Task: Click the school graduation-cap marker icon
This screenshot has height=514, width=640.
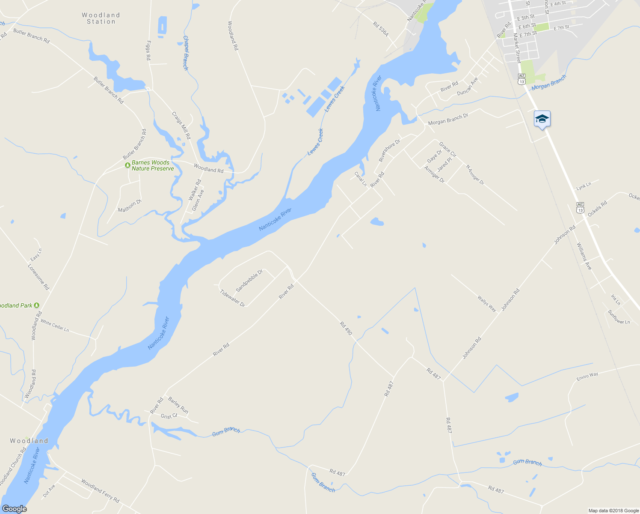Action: coord(542,119)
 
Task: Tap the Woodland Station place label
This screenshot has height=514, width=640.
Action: coord(101,18)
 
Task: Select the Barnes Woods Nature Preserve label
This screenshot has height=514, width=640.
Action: coord(153,166)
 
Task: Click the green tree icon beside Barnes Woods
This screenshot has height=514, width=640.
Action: coord(127,165)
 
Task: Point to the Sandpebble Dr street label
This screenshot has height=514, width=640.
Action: coord(249,281)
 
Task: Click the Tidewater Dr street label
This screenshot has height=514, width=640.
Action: coord(232,299)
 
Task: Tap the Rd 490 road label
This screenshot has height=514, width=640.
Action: coord(346,329)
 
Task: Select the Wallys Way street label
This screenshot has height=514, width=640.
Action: coord(487,303)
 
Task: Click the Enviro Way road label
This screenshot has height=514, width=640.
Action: coord(587,377)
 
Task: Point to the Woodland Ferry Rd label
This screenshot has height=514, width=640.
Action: coord(100,491)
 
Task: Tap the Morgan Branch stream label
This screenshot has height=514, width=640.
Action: coord(549,82)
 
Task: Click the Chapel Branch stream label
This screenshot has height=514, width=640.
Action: coord(186,53)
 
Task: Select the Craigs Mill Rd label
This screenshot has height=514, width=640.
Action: coord(181,125)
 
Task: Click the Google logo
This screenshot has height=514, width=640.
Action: coord(15,509)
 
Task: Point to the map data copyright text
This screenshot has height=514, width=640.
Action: coord(613,511)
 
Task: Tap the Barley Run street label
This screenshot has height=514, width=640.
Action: coord(178,405)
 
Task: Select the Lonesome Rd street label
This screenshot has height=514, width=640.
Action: coord(39,277)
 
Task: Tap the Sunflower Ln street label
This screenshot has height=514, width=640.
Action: coord(619,317)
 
